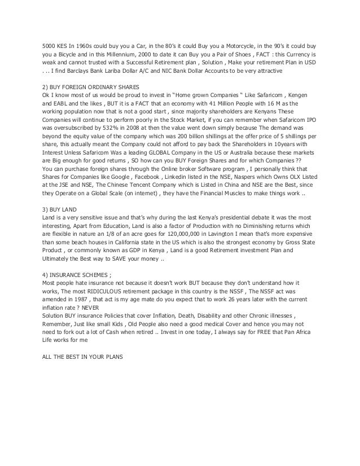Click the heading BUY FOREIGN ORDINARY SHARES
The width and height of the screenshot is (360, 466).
[82, 88]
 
